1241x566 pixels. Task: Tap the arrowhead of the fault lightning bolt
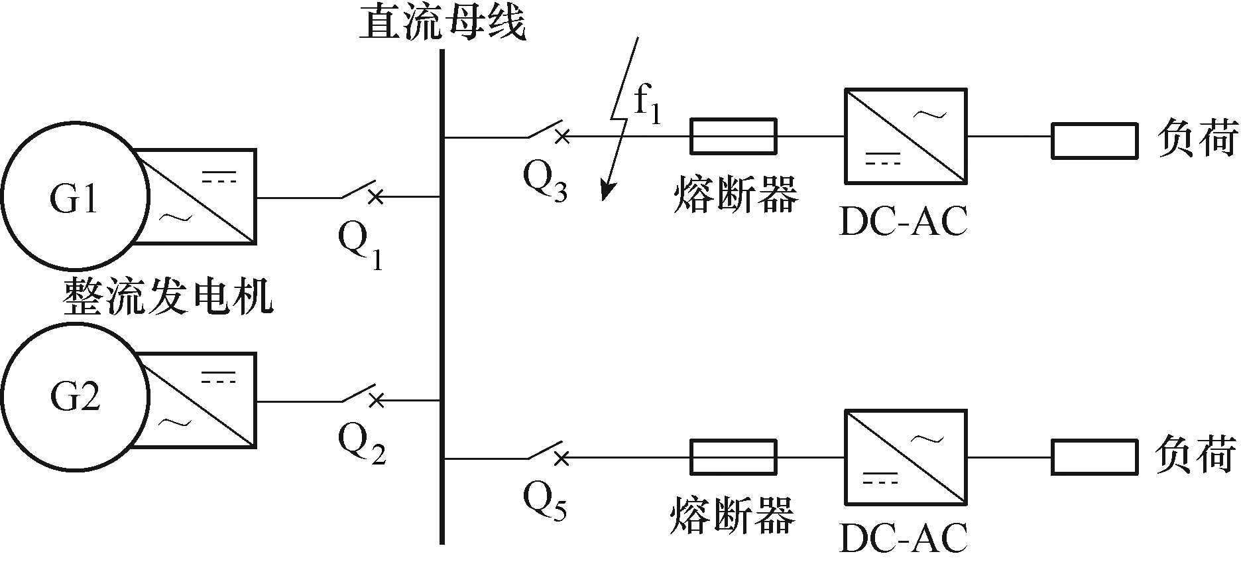(x=606, y=190)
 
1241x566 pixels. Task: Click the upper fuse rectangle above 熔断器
(x=733, y=136)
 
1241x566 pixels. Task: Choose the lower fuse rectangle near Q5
(x=733, y=457)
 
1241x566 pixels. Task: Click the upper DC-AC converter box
(x=905, y=136)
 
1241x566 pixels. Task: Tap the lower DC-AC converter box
(x=905, y=457)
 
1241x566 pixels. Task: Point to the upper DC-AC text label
(x=904, y=222)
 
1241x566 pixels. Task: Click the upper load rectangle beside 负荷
(x=1094, y=141)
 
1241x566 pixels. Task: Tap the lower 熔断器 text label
(x=732, y=515)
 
